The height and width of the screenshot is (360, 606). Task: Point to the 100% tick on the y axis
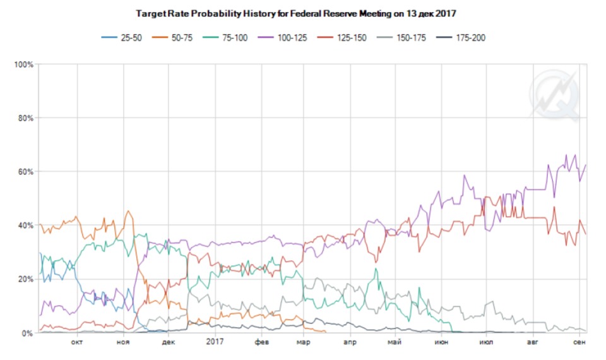click(23, 64)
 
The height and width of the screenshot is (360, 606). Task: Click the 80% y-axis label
click(25, 118)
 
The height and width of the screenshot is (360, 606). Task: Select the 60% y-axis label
click(25, 172)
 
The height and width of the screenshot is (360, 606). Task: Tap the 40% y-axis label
click(25, 225)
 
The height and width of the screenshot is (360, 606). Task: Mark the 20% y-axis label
click(25, 279)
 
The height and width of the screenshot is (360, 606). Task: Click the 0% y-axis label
click(28, 333)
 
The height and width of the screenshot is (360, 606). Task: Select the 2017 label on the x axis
click(215, 342)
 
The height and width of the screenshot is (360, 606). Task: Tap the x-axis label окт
click(77, 342)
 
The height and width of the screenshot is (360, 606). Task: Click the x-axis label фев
click(261, 342)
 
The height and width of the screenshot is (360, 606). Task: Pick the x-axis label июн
click(441, 342)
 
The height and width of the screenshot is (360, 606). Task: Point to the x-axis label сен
click(579, 342)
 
